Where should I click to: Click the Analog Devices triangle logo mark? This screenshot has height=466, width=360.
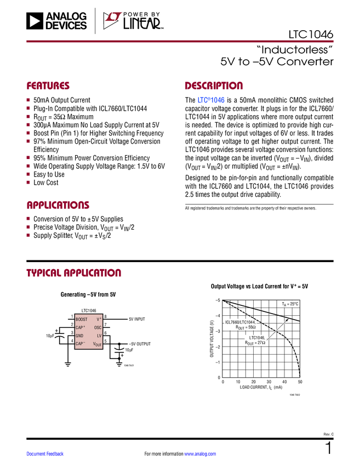(34, 21)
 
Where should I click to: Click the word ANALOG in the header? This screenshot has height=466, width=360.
(66, 16)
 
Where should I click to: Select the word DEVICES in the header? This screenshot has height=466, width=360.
(66, 25)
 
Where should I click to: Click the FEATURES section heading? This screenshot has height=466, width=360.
(48, 86)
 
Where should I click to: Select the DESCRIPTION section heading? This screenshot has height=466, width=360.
(214, 86)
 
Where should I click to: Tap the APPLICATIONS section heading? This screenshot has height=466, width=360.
(58, 206)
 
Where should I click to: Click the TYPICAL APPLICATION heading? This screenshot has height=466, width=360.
(74, 272)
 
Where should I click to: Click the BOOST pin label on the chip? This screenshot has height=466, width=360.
(81, 319)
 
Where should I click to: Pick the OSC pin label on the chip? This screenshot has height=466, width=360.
(98, 327)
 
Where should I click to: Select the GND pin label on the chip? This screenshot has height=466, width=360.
(79, 336)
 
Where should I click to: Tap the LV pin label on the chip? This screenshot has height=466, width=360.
(99, 336)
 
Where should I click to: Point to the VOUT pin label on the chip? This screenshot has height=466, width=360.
(97, 344)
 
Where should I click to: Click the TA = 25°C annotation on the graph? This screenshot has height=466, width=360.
(290, 304)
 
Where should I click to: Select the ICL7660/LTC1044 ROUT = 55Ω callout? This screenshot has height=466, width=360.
(241, 324)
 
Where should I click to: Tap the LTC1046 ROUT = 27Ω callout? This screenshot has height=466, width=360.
(255, 340)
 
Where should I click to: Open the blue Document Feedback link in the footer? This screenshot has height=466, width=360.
(45, 454)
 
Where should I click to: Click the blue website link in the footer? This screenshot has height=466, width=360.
(201, 454)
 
